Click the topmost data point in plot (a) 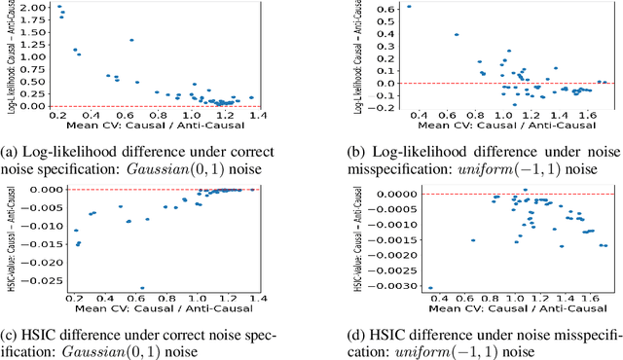point(59,7)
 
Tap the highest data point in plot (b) point(382,7)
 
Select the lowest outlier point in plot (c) point(142,288)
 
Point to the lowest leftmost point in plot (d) point(377,288)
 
